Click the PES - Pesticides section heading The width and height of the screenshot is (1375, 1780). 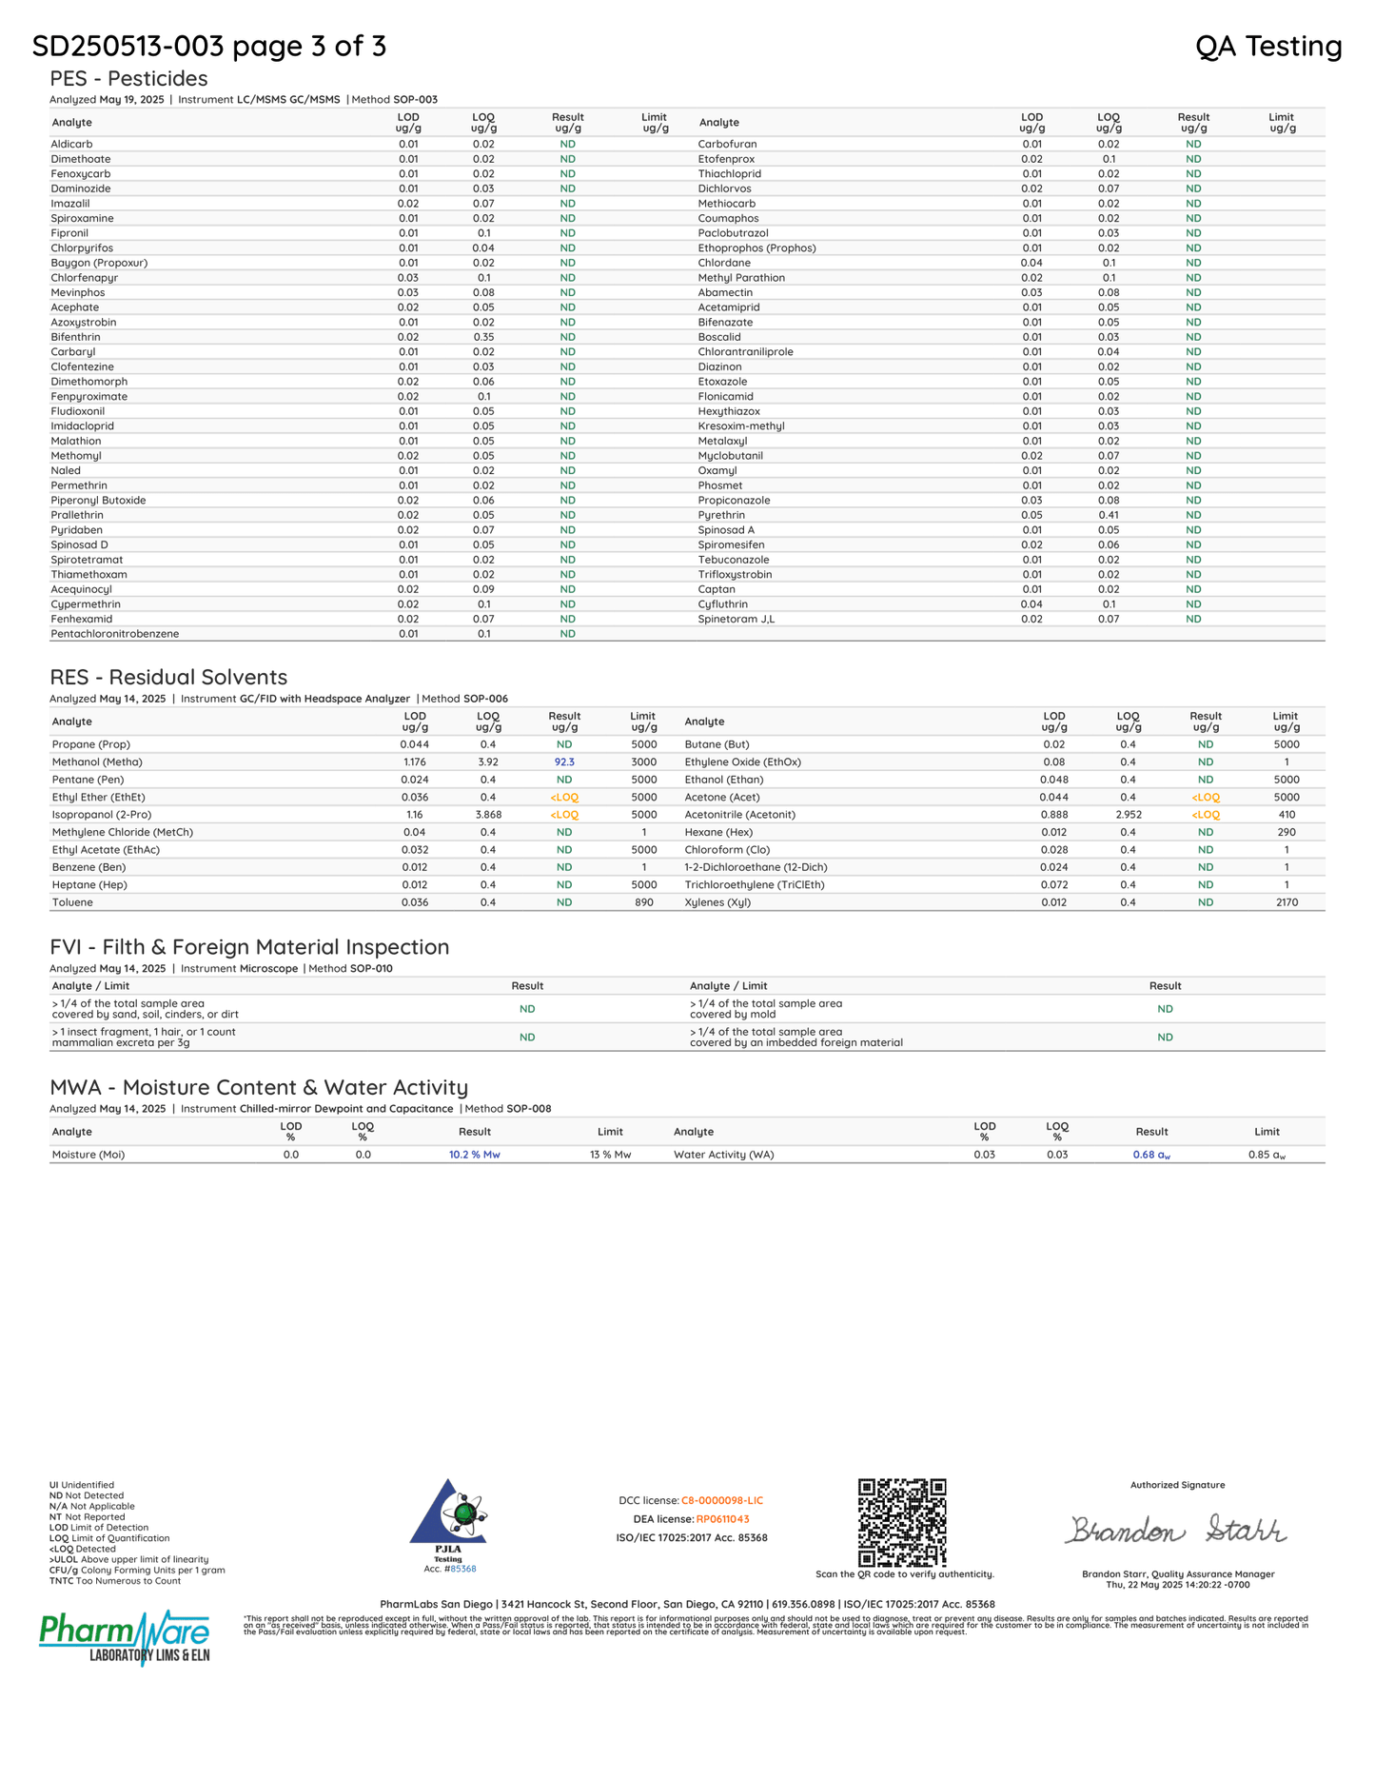pyautogui.click(x=128, y=78)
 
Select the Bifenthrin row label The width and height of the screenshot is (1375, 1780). pyautogui.click(x=75, y=337)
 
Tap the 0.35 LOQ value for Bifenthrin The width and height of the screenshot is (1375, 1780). pyautogui.click(x=483, y=337)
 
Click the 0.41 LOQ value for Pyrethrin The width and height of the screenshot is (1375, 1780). pyautogui.click(x=1109, y=515)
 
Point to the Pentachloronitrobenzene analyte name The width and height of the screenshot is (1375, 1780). pyautogui.click(x=114, y=634)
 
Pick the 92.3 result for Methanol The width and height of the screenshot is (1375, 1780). pyautogui.click(x=564, y=762)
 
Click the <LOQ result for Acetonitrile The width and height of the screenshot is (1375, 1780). pyautogui.click(x=1205, y=815)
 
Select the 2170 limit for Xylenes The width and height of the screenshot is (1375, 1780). pyautogui.click(x=1287, y=902)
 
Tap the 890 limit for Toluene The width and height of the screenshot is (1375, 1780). pyautogui.click(x=644, y=902)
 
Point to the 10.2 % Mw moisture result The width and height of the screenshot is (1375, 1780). pyautogui.click(x=474, y=1155)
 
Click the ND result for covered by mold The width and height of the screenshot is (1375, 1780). pyautogui.click(x=1165, y=1009)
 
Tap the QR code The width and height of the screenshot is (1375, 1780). pyautogui.click(x=902, y=1522)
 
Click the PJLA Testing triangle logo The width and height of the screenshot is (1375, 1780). pyautogui.click(x=448, y=1513)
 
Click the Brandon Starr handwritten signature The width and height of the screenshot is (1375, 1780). pyautogui.click(x=1176, y=1530)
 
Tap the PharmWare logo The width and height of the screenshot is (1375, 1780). pyautogui.click(x=124, y=1637)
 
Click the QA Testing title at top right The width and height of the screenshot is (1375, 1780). pyautogui.click(x=1267, y=46)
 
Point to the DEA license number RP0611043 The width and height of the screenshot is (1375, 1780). pyautogui.click(x=722, y=1519)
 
